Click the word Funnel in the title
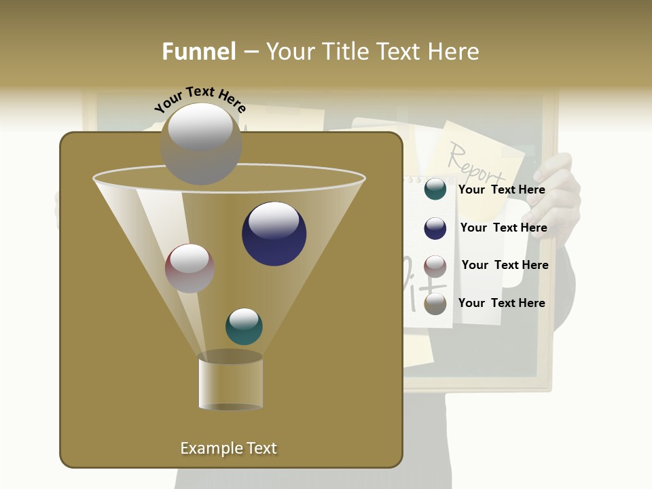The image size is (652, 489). click(x=199, y=52)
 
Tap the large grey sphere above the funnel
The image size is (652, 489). click(x=200, y=143)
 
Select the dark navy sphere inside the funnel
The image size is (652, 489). click(x=274, y=234)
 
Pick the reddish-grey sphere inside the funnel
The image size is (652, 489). click(x=189, y=268)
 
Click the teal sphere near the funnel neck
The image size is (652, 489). click(x=244, y=326)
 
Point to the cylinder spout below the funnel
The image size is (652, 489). click(x=231, y=382)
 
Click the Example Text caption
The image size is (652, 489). click(x=228, y=448)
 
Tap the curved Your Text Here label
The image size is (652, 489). click(x=200, y=99)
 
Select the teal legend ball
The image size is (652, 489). click(x=435, y=189)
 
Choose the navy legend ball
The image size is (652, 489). click(x=435, y=228)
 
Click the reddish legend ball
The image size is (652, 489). click(x=435, y=266)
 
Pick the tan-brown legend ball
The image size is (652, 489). click(x=435, y=304)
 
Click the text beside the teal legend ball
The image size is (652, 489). click(x=501, y=190)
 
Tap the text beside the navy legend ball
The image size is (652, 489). click(x=503, y=228)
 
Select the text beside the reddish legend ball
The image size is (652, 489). click(x=505, y=266)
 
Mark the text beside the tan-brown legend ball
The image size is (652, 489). click(x=501, y=303)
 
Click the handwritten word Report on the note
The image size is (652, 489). click(x=476, y=164)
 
